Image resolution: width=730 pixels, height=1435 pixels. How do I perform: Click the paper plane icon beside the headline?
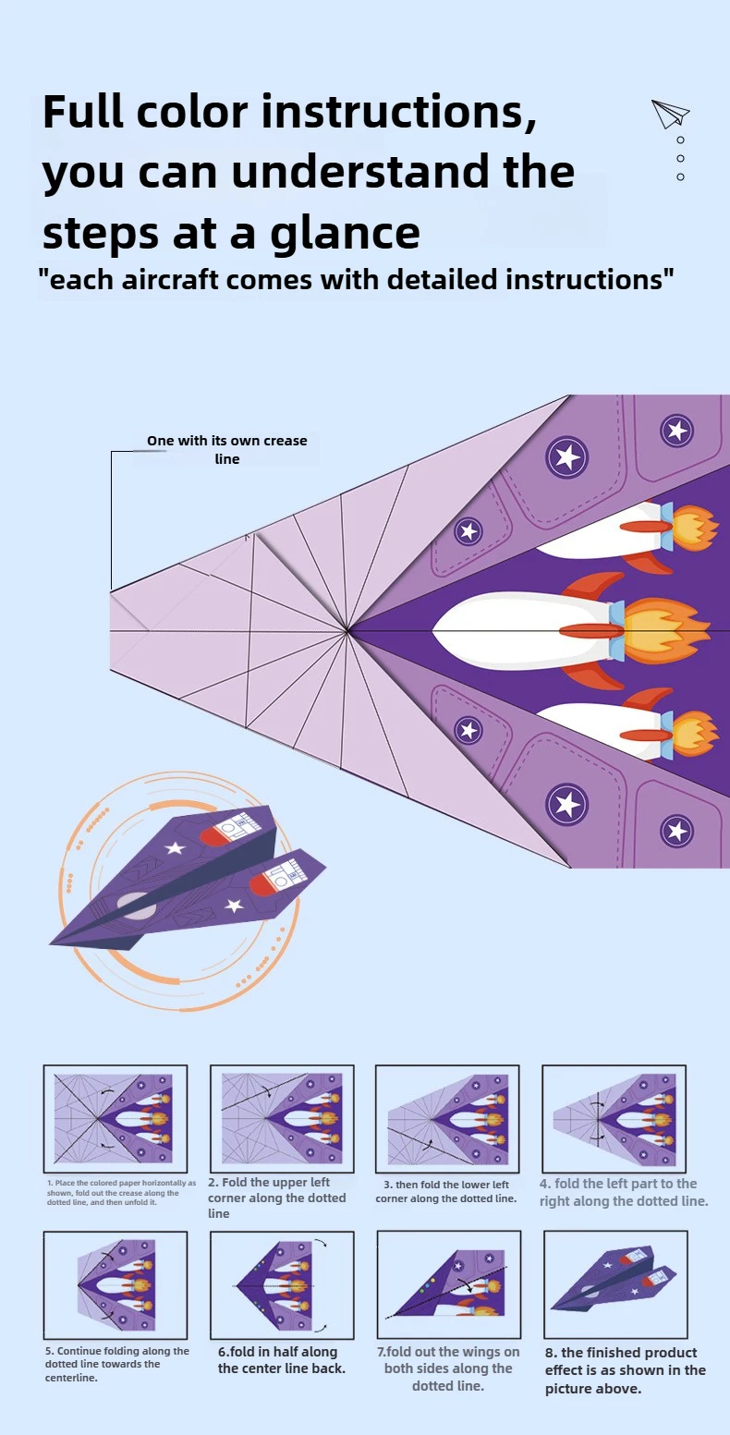coord(670,114)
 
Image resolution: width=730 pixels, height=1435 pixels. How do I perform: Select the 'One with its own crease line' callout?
coord(226,450)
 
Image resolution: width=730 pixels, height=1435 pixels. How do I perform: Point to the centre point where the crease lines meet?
coord(347,631)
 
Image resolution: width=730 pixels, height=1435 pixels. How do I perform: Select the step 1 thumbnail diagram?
coord(115,1118)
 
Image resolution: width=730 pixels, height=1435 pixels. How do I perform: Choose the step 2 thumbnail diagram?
coord(282,1118)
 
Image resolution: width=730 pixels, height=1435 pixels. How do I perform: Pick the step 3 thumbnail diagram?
coord(447,1118)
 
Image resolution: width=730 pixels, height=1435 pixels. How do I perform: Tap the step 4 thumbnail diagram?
coord(614,1118)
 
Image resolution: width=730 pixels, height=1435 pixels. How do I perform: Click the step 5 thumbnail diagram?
coord(115,1284)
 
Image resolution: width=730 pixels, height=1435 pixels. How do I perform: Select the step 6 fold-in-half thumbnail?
coord(282,1284)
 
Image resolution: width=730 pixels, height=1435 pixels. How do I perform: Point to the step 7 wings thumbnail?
coord(448,1284)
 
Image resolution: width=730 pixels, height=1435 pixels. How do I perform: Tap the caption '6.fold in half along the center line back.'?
coord(282,1359)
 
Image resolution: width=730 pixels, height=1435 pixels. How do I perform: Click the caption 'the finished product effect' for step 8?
coord(625,1370)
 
